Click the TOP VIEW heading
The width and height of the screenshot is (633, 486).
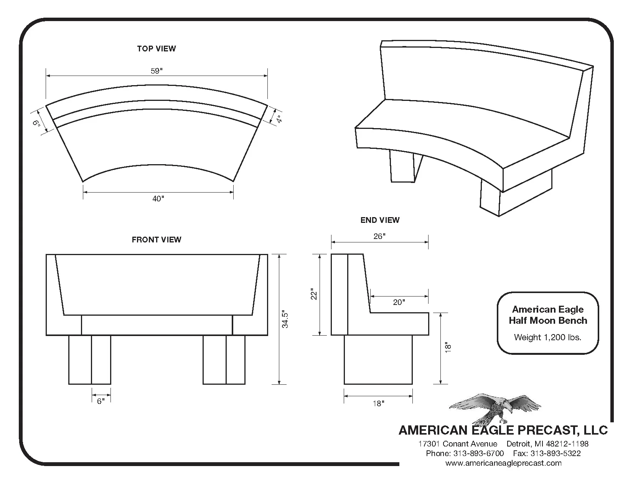point(157,49)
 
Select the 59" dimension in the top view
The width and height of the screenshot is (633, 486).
point(157,71)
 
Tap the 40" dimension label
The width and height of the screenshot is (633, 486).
point(158,198)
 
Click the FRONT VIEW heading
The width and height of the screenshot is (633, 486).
point(157,240)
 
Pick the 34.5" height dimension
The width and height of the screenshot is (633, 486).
point(285,319)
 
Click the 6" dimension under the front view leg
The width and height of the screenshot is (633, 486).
point(101,401)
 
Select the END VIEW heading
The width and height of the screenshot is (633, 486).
point(380,220)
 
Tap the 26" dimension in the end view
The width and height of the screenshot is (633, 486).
point(379,236)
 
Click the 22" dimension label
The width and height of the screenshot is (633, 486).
point(314,294)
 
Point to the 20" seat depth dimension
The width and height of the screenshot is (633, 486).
point(399,302)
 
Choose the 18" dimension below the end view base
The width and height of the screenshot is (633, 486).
point(378,404)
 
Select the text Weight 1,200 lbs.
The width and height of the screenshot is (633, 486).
point(547,338)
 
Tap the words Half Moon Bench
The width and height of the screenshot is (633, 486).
point(548,321)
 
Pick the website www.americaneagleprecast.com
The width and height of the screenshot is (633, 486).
point(503,463)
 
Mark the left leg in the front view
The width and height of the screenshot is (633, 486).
point(90,360)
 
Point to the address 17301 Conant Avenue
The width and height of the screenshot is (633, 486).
point(458,444)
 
